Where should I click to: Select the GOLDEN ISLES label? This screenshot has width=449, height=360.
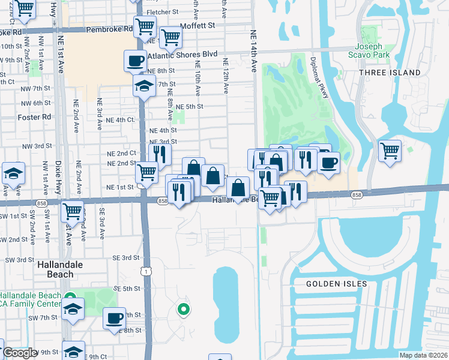point(331,283)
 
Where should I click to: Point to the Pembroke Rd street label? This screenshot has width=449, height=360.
point(109,29)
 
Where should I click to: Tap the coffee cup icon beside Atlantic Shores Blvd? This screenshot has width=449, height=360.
point(135,60)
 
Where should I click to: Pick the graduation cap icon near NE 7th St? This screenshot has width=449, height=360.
point(144,85)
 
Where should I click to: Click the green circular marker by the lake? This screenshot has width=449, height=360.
point(183,310)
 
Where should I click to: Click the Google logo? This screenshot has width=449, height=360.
point(20,353)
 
